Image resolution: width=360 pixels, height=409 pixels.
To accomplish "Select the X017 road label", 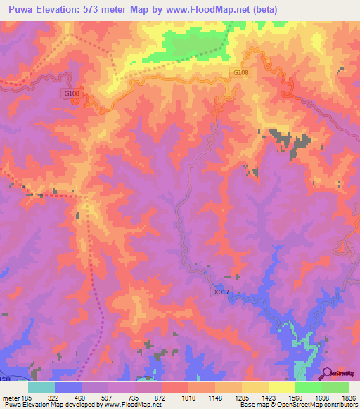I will [x=221, y=292].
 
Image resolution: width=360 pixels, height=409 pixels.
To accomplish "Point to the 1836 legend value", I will [x=348, y=397].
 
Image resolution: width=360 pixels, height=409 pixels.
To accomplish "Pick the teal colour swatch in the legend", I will [x=41, y=387].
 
